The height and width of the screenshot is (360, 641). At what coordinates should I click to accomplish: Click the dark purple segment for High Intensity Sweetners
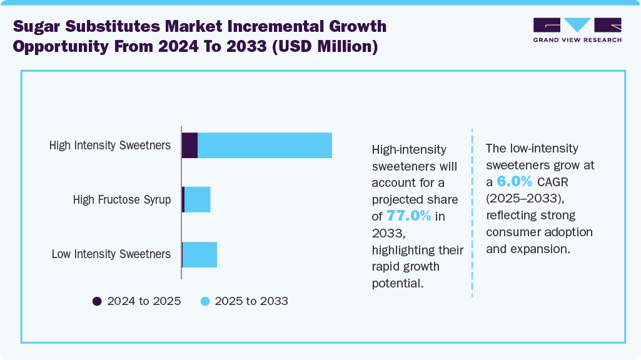189,146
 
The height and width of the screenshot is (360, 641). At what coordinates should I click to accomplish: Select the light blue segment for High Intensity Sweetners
265,146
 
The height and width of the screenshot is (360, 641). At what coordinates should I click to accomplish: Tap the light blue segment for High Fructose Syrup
198,200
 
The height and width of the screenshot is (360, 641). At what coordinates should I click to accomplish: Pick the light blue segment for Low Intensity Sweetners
200,254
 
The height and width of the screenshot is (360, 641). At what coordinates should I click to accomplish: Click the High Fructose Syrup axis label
121,200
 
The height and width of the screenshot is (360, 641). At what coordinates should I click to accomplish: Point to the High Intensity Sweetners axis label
110,146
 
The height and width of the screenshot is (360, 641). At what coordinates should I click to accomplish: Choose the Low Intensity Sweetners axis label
111,254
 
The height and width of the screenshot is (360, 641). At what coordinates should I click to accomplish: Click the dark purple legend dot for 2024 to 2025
97,301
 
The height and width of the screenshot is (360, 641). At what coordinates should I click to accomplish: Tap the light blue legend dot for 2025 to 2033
204,301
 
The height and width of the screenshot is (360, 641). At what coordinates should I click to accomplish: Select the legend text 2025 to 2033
251,301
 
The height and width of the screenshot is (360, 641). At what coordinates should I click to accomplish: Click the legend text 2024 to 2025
144,301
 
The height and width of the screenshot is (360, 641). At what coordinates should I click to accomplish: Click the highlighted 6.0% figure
514,182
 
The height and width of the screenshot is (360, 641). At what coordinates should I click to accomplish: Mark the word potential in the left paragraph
397,283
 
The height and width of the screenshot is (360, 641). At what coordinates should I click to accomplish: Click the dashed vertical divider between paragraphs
472,212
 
